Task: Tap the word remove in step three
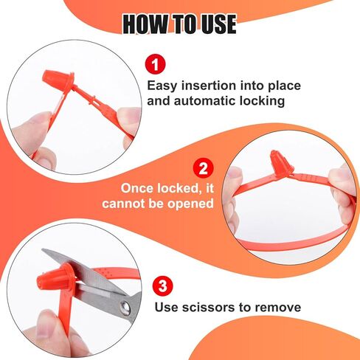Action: tap(278, 307)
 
